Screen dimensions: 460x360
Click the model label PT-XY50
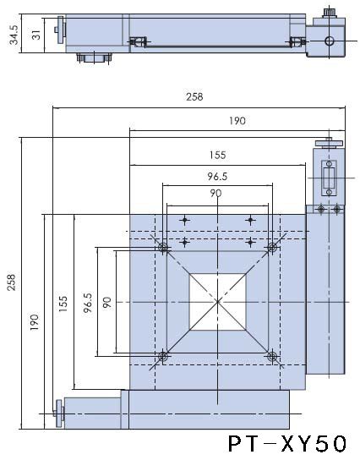point(286,443)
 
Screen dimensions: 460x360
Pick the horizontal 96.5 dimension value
point(219,177)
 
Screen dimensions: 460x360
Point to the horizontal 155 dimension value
point(219,155)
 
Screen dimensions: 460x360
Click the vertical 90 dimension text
point(106,302)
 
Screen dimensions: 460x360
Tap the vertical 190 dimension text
point(34,322)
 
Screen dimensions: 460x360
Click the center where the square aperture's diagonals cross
point(218,302)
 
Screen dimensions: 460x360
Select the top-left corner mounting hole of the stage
point(163,247)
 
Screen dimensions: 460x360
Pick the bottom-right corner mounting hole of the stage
point(272,357)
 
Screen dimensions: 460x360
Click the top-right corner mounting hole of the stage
point(272,247)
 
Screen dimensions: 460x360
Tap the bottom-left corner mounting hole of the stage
point(163,357)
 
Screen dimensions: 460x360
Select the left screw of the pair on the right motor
point(321,209)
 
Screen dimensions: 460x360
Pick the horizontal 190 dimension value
point(237,121)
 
